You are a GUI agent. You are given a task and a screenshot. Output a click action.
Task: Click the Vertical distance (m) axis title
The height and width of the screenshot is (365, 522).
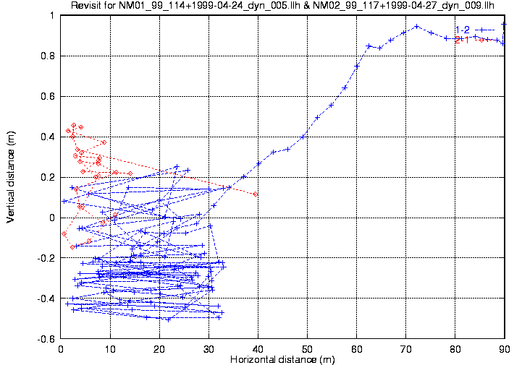(x=11, y=176)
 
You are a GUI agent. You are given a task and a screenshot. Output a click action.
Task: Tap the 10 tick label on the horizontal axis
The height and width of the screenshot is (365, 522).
(x=110, y=348)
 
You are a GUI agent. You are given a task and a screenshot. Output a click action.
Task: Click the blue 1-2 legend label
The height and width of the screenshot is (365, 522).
(x=462, y=30)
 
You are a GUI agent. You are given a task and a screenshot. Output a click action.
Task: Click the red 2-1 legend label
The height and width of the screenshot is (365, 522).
(x=461, y=40)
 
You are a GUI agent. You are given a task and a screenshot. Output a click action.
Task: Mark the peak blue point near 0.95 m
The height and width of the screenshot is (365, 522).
(x=417, y=27)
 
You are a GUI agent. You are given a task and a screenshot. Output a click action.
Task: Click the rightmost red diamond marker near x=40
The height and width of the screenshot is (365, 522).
(x=256, y=194)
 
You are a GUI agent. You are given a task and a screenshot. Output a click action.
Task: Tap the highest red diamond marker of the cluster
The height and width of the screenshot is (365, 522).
(x=74, y=125)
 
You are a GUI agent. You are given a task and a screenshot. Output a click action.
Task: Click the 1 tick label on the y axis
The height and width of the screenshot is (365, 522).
(x=54, y=14)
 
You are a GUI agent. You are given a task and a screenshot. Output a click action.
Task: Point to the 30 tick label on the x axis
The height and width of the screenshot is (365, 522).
(x=209, y=348)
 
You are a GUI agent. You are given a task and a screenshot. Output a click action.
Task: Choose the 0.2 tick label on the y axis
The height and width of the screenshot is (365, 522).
(x=49, y=177)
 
